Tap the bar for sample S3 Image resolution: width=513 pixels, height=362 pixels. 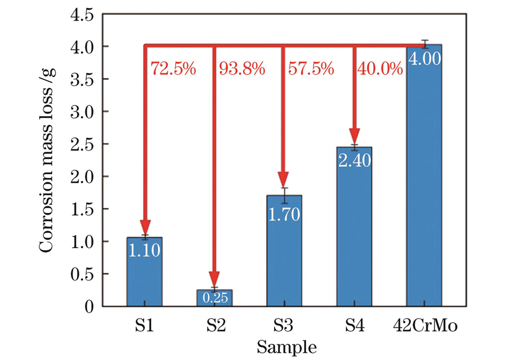coord(284,256)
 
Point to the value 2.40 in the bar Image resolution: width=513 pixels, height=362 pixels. coord(354,160)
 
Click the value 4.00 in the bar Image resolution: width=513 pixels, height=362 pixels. coord(424,59)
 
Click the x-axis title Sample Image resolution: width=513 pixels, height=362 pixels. coord(286,346)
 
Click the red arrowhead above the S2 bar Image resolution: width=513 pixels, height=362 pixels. coord(214,281)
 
